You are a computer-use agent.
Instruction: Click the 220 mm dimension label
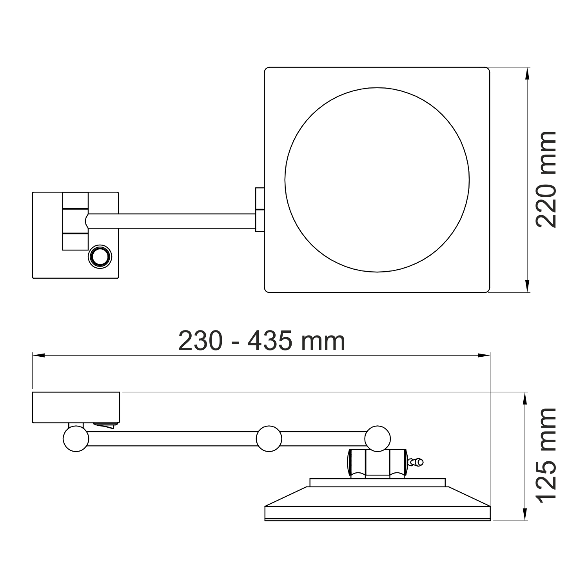click(546, 180)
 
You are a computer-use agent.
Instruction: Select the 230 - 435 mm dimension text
click(261, 341)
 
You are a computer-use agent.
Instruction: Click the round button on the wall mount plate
click(100, 256)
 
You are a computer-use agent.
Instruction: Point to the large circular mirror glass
click(377, 180)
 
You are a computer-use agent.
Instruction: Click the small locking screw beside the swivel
click(416, 463)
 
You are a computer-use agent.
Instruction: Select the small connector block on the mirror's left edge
click(260, 210)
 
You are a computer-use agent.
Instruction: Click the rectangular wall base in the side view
click(76, 407)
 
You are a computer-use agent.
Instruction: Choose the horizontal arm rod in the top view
click(172, 221)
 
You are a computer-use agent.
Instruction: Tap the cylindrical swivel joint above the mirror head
click(376, 463)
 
